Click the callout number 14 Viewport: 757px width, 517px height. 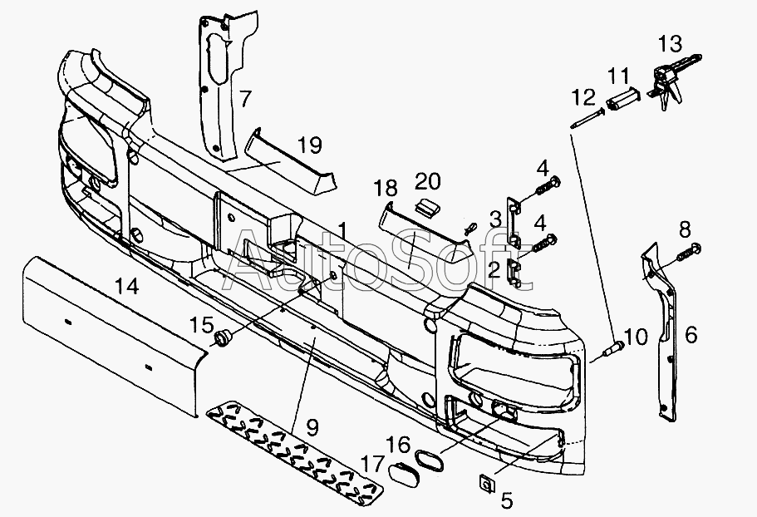(x=127, y=288)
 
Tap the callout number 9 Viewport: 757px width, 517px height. (x=312, y=429)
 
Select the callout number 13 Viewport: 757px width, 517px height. (x=670, y=43)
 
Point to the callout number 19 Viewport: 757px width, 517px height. (x=308, y=146)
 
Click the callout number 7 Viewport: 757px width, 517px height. (x=244, y=100)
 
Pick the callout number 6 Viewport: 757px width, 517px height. (x=691, y=335)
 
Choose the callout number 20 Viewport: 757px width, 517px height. (x=429, y=180)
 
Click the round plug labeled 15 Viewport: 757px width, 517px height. (x=222, y=336)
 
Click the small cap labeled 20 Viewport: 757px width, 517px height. (x=426, y=205)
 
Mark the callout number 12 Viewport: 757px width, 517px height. (x=583, y=98)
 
